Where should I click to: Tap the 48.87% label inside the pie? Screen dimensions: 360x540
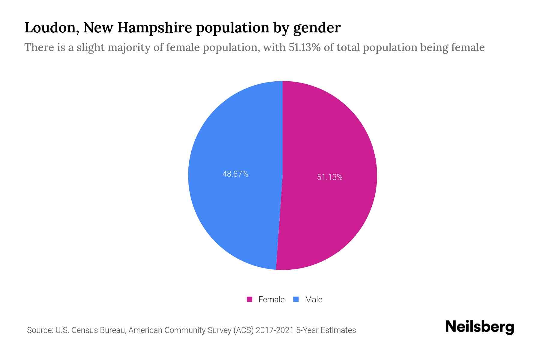point(235,174)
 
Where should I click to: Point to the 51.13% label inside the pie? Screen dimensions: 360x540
point(330,177)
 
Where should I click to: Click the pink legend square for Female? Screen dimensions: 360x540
point(249,299)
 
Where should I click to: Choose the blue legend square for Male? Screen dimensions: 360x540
point(296,299)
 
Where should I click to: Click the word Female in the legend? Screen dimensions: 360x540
point(271,299)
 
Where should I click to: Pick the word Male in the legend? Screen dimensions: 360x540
point(313,299)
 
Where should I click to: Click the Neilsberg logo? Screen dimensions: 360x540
point(479,327)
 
